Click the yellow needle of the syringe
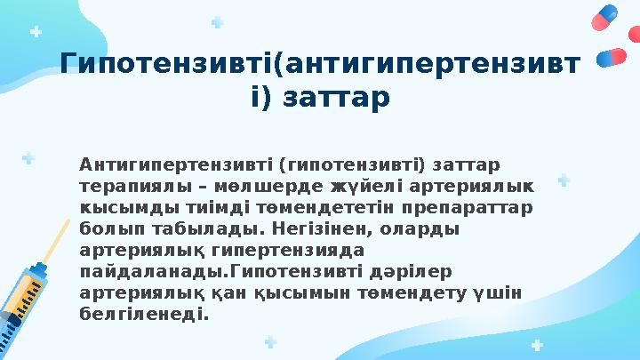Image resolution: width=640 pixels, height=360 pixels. click(x=55, y=240)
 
